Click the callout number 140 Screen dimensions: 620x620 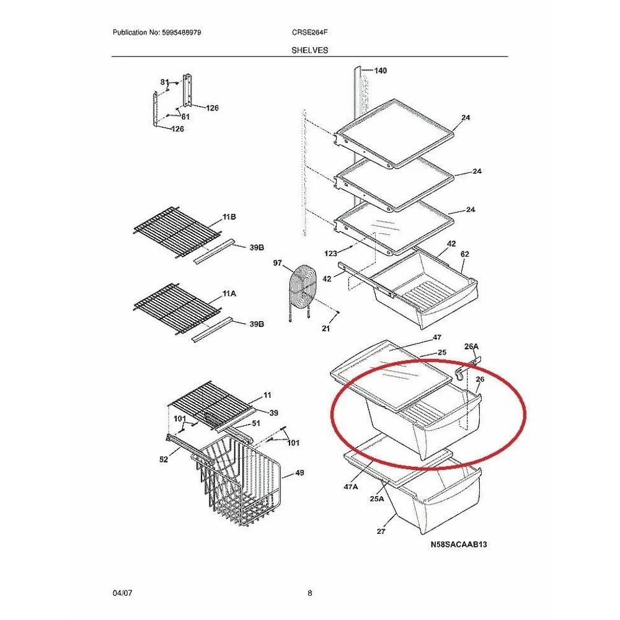pos(381,71)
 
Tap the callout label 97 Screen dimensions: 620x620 pos(278,262)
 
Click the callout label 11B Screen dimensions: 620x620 pos(229,216)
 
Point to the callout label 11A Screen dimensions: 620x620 pos(229,294)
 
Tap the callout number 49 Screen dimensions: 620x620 pos(299,472)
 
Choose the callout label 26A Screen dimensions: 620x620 pos(471,347)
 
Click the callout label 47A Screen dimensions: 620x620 pos(351,487)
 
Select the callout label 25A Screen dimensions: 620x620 pos(377,499)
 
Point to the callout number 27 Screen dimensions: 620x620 pos(381,531)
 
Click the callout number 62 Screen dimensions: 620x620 pos(464,254)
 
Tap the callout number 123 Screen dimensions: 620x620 pos(331,254)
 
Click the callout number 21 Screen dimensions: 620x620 pos(325,328)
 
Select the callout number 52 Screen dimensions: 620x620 pos(163,459)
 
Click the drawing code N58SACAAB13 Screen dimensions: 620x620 pos(459,544)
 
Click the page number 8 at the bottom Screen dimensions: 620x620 pos(309,593)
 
